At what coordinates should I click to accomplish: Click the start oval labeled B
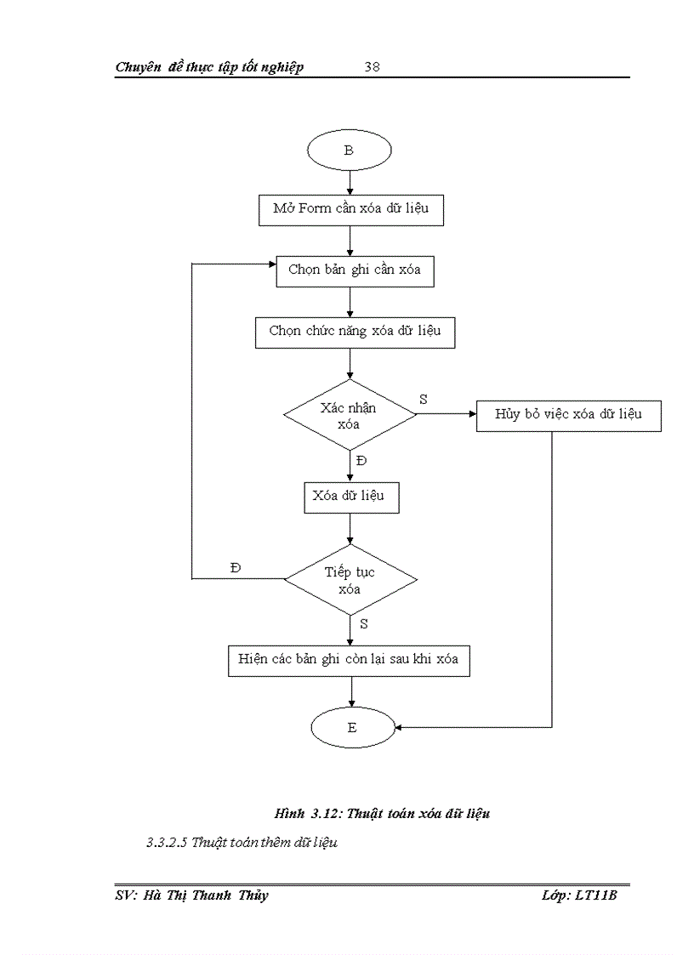pos(349,151)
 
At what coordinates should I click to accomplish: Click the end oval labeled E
pos(352,727)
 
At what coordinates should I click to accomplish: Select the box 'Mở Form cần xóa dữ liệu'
pos(350,209)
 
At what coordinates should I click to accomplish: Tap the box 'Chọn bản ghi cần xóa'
pos(355,270)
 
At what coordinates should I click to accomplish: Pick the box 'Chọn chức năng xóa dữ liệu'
pos(355,332)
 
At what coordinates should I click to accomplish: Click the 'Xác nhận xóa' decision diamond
pos(350,415)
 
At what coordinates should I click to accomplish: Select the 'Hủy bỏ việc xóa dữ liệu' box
pos(568,415)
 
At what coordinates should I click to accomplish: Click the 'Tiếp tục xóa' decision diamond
pos(350,580)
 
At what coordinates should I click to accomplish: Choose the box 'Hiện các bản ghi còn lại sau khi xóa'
pos(349,660)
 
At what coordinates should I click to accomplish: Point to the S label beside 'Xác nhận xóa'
pos(424,398)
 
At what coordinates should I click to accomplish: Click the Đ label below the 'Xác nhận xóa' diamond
pos(361,460)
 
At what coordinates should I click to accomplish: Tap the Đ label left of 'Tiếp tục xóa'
pos(236,567)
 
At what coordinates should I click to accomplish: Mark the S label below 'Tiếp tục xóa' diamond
pos(363,623)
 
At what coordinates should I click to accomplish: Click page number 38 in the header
pos(372,67)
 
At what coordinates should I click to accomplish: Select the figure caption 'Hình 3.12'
pos(382,814)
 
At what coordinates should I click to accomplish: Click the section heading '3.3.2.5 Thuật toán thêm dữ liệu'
pos(242,843)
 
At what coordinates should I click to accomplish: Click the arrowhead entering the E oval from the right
pos(397,727)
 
